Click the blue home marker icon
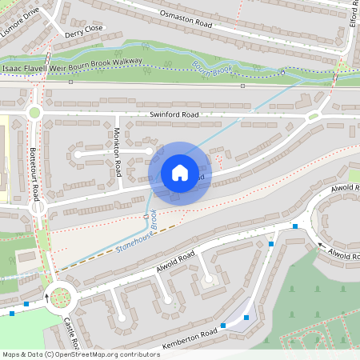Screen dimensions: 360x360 (x=179, y=172)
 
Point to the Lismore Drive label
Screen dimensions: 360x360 (x=19, y=10)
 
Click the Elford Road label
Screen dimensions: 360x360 (x=353, y=14)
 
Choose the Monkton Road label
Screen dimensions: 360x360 (x=118, y=152)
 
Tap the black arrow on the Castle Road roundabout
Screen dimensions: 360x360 (x=46, y=297)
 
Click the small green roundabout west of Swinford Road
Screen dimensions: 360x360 (x=34, y=113)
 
